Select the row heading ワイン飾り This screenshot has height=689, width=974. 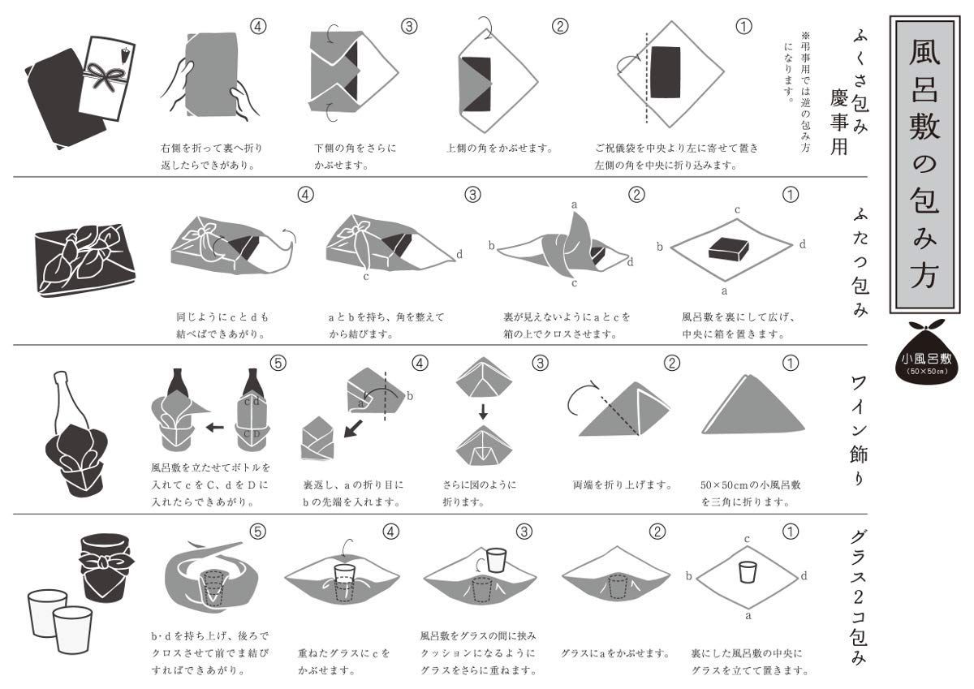click(858, 429)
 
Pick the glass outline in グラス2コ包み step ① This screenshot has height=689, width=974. click(747, 573)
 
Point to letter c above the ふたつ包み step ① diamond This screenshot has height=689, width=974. click(737, 210)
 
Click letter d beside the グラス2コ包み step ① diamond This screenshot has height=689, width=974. click(803, 575)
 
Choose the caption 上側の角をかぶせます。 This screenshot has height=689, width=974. click(499, 149)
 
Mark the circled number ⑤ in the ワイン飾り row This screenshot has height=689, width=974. click(277, 364)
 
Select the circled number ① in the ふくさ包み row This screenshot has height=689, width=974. click(743, 26)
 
